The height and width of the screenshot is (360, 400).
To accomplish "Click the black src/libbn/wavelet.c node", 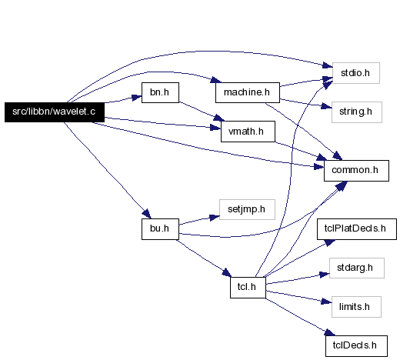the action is tap(55, 112).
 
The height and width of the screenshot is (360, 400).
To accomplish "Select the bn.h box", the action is tap(160, 92).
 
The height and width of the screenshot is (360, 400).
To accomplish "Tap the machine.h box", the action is tap(248, 92).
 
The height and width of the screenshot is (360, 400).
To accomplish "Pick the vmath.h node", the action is tap(248, 132).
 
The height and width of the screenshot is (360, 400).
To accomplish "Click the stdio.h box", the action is tap(356, 73).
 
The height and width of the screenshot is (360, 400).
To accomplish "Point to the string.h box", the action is tap(357, 112).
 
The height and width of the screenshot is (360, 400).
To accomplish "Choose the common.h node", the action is tap(356, 171).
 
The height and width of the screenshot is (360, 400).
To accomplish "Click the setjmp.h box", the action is tap(247, 209).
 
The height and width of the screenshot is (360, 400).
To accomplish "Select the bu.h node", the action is tap(160, 229).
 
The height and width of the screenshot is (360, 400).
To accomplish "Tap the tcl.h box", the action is tap(248, 288).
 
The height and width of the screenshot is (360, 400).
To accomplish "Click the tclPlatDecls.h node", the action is tap(357, 229).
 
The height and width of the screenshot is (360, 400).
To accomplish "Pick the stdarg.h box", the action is tap(357, 268).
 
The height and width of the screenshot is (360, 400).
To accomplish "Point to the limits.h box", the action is tap(356, 307).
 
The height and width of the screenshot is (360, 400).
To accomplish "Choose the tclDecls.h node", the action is tap(356, 346).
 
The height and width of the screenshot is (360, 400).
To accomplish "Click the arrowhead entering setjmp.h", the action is tap(215, 218).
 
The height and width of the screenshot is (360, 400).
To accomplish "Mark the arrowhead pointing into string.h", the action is tap(327, 106).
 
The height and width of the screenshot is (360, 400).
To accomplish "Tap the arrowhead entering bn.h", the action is tap(137, 98).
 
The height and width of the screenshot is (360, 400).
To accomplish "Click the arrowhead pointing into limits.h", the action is tap(327, 302).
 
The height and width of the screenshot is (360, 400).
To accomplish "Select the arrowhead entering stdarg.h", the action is tap(325, 275).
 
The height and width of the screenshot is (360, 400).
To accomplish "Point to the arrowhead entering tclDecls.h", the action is tap(330, 332).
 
